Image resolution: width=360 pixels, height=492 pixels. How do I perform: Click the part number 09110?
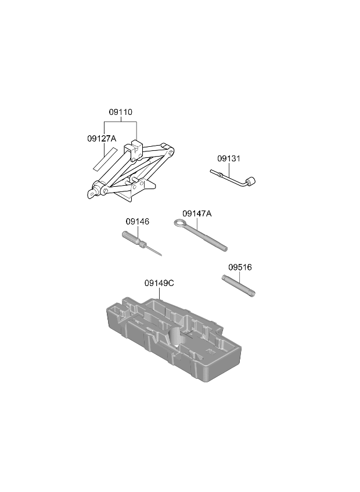(x=121, y=112)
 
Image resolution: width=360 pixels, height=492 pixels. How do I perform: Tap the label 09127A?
(x=102, y=138)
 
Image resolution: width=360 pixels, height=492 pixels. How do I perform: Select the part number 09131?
(x=229, y=158)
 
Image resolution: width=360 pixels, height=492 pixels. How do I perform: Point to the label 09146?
(x=138, y=222)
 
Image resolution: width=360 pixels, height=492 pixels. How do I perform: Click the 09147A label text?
(x=197, y=214)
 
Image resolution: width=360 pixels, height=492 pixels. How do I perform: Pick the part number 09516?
(x=240, y=267)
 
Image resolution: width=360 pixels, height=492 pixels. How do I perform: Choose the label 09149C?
(x=159, y=283)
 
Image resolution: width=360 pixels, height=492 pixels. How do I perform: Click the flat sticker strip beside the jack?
(x=105, y=160)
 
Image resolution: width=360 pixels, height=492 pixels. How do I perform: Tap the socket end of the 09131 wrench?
(x=251, y=182)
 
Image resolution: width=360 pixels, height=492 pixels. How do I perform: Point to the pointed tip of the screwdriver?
(x=161, y=255)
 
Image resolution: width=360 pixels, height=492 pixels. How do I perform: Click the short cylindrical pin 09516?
(x=239, y=285)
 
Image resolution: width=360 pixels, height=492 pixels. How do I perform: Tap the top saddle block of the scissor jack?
(x=133, y=150)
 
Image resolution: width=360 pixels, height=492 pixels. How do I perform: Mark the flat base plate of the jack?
(x=135, y=190)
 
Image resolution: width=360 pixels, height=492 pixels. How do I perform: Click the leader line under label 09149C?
(x=160, y=294)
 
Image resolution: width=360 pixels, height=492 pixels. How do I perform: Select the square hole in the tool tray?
(x=210, y=350)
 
